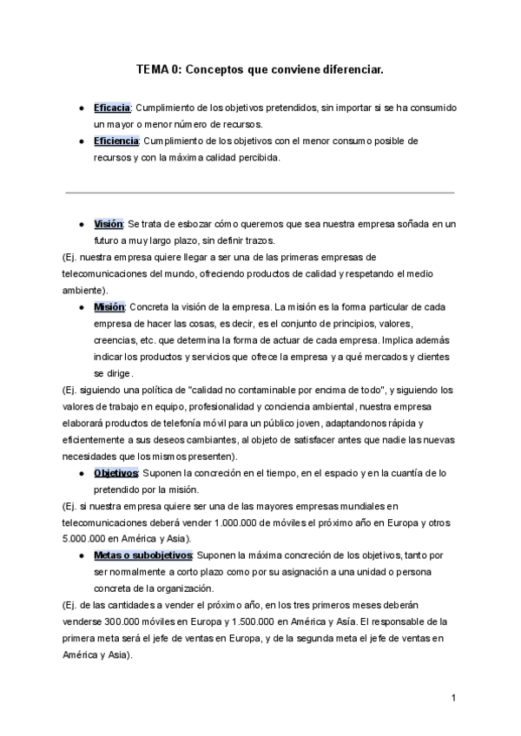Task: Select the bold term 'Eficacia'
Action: pos(112,108)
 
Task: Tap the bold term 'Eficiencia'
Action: pos(116,141)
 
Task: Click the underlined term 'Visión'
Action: pos(109,224)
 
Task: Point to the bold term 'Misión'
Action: pos(109,307)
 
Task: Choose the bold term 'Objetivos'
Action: pos(116,473)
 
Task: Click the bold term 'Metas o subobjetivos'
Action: pos(144,555)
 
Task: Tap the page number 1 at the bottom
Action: pos(453,697)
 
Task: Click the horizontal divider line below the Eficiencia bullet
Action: pos(260,191)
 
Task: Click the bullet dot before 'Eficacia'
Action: pos(80,108)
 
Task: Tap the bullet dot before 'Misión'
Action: pos(80,307)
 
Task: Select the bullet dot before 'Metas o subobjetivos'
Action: pos(80,555)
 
